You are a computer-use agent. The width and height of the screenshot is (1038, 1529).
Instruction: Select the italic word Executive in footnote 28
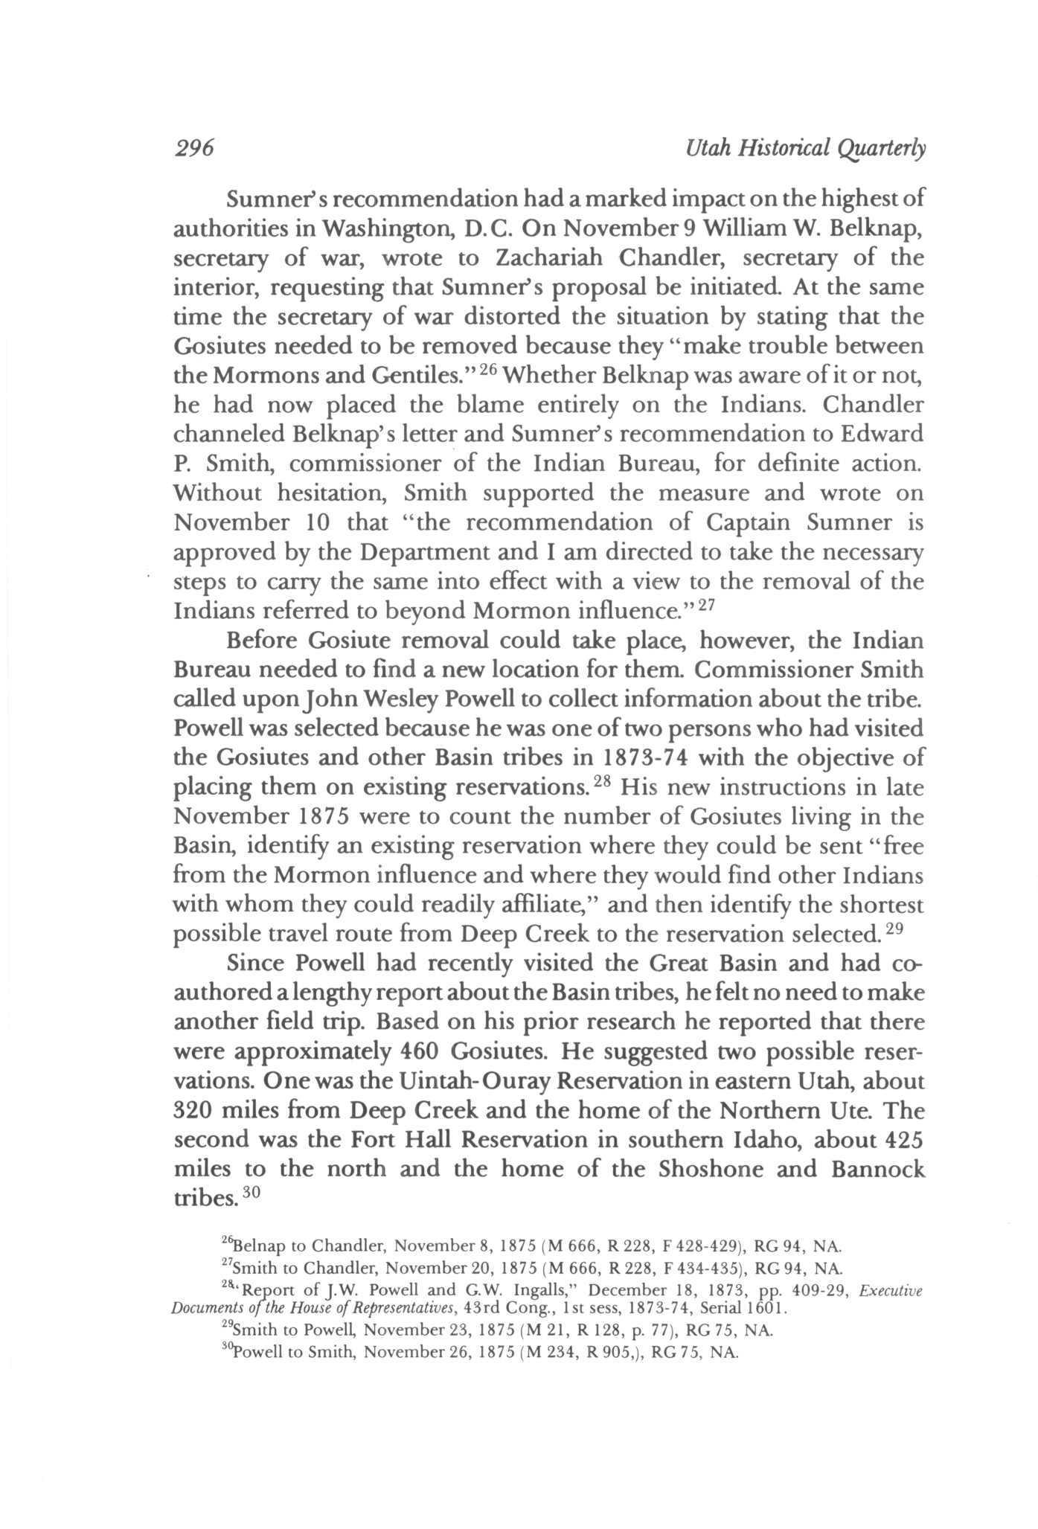(891, 1291)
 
